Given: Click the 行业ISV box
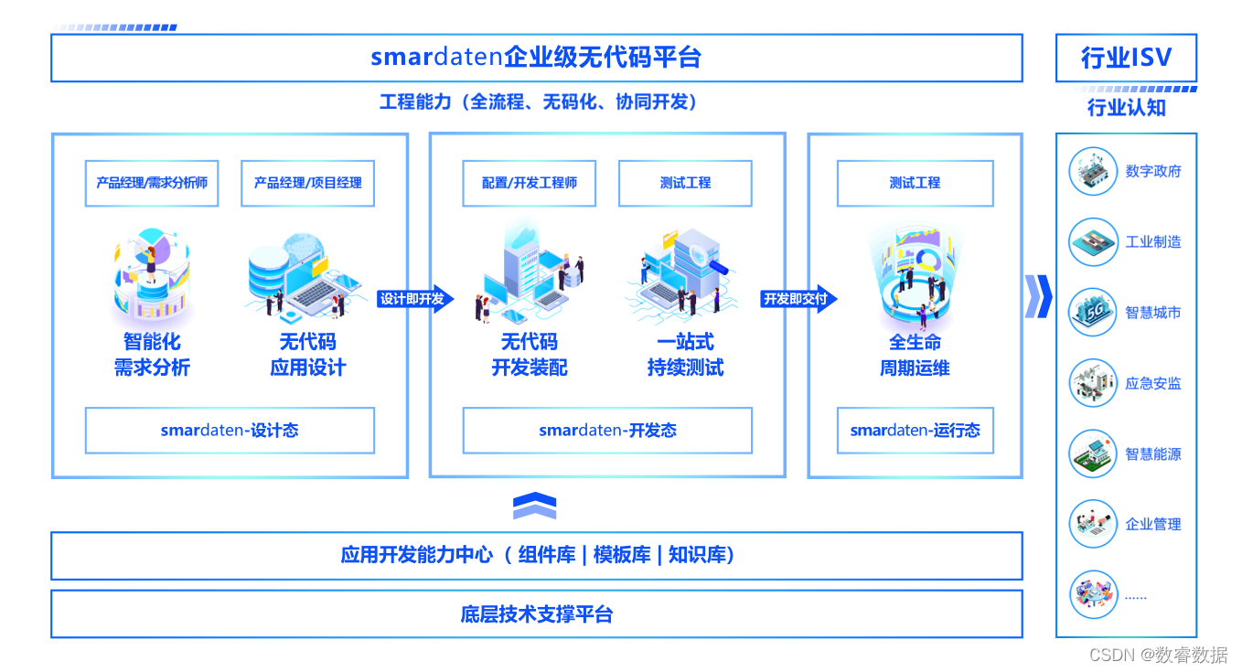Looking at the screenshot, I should click(1126, 58).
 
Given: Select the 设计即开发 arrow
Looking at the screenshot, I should click(414, 299).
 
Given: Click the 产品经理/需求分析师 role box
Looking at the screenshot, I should click(152, 183).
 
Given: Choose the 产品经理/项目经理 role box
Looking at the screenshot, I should click(307, 183).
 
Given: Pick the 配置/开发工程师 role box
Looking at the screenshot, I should click(530, 183).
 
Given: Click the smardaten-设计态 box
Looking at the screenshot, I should click(230, 431).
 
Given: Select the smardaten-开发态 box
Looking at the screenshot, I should click(607, 431).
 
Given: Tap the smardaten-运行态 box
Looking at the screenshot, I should click(915, 431).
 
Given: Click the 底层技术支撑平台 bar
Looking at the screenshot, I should click(536, 614).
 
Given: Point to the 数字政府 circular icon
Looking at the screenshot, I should click(1093, 172).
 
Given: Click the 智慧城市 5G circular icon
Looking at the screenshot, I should click(1093, 313).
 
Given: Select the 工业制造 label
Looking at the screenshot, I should click(1153, 242).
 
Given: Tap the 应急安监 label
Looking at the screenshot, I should click(1153, 384).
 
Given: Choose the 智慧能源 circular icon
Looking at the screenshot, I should click(1093, 454).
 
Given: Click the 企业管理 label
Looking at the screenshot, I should click(1153, 525).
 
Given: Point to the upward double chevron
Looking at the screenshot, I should click(535, 506).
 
